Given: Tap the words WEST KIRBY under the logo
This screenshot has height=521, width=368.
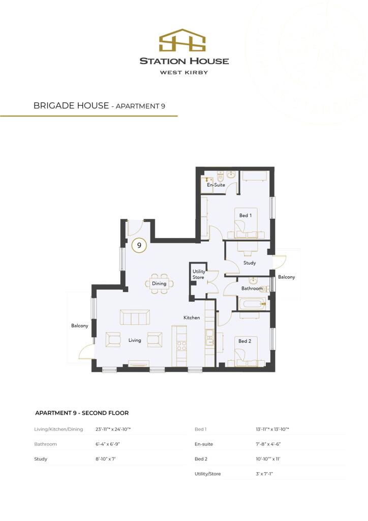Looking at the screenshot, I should (x=184, y=72).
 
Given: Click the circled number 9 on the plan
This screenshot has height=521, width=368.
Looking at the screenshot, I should (x=138, y=245).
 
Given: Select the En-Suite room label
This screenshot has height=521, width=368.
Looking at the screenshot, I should (x=216, y=185).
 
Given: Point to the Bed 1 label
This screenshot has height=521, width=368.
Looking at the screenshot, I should (x=246, y=216).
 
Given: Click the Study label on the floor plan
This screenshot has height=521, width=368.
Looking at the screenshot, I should (x=249, y=263).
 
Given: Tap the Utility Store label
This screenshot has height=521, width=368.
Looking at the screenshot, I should (x=198, y=274).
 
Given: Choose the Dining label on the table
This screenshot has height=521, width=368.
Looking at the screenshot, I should (x=159, y=283).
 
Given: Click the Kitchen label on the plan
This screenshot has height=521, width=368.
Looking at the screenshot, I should (x=192, y=317).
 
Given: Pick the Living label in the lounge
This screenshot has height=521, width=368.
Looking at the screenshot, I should (x=135, y=340).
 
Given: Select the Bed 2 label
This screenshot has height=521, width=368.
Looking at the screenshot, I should (x=245, y=341).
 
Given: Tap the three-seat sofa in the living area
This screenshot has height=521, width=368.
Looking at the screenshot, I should (x=135, y=317).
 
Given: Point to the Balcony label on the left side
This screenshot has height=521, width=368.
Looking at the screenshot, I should (x=80, y=326).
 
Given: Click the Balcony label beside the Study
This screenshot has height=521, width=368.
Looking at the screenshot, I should (x=286, y=277).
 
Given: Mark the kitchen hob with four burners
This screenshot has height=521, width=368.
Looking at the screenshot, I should (x=180, y=348).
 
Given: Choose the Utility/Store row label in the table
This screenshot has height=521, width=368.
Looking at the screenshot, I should (x=207, y=474).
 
